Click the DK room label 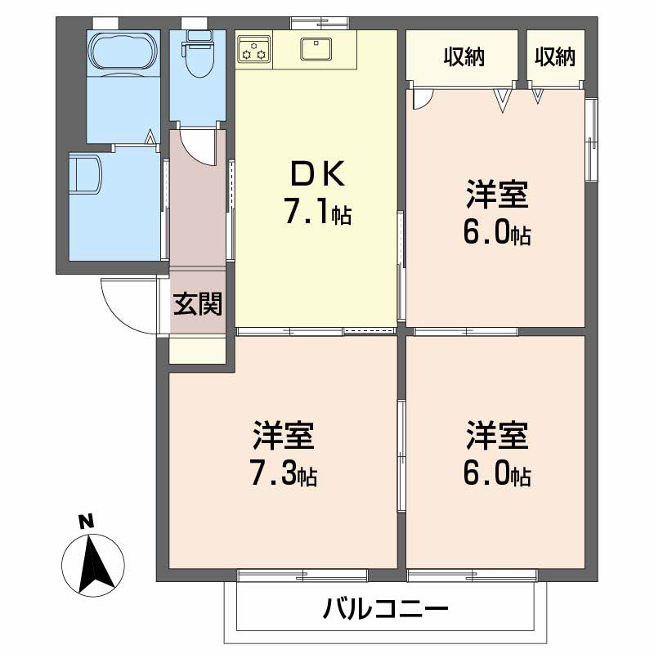coord(316,174)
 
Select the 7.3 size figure coord(284,474)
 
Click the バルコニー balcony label coord(385,610)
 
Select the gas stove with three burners coord(253,50)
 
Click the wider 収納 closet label coord(464,56)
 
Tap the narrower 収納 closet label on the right coord(555,56)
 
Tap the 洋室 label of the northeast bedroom coord(496,197)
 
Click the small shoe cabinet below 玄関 coord(197,349)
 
